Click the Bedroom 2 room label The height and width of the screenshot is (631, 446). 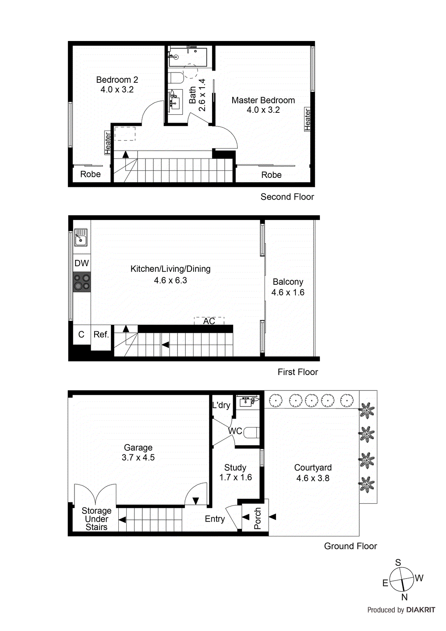pos(117,80)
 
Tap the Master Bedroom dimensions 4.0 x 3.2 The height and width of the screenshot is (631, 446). pos(263,110)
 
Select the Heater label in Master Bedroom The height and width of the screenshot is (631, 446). pos(308,119)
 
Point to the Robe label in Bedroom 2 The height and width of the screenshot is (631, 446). pos(90,174)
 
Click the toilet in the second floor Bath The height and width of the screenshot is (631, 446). pos(176,78)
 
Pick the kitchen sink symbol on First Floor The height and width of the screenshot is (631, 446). pos(81,237)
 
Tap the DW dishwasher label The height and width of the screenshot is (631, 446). pos(82,263)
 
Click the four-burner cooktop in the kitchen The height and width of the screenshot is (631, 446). pos(82,282)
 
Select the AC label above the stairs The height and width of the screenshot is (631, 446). pos(209,321)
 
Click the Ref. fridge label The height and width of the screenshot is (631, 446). pos(101,334)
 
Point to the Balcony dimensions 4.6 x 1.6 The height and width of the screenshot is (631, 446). pos(287,293)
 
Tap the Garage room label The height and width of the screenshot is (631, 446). pos(138,448)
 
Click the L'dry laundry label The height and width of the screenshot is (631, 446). pos(221,405)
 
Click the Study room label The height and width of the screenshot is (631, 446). pos(235,467)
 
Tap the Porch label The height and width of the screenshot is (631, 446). pos(258,518)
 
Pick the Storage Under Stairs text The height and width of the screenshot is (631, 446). pos(96,519)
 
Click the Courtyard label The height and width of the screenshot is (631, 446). pos(313,467)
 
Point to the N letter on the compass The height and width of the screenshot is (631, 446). pos(404,597)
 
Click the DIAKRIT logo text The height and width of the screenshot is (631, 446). pos(420,610)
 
